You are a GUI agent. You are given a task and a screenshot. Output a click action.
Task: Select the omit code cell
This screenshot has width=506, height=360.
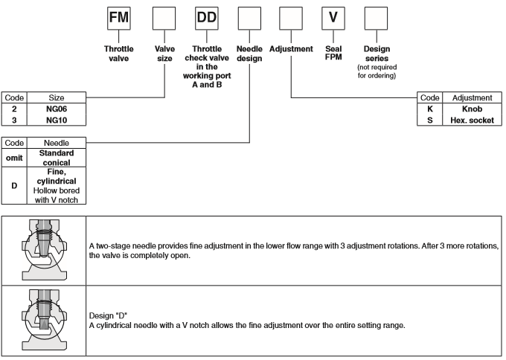pyautogui.click(x=14, y=157)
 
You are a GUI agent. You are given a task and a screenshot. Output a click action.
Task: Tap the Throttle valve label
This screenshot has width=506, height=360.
pyautogui.click(x=119, y=54)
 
